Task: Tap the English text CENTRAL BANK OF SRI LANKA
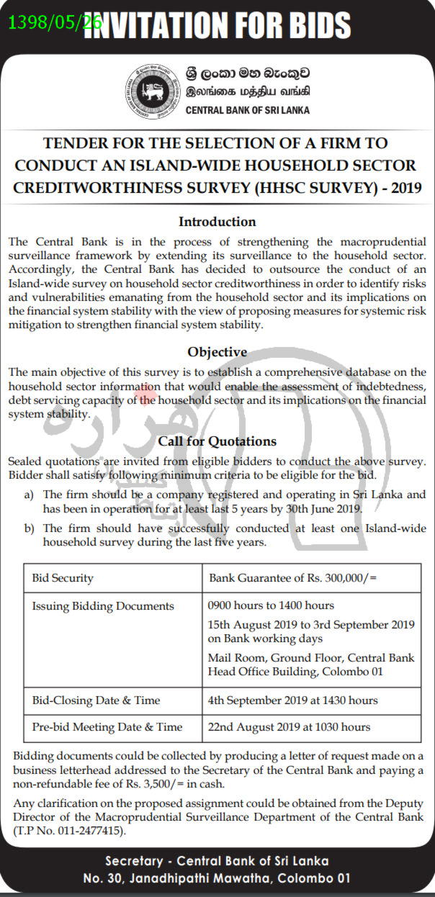point(247,110)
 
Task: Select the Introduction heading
point(217,221)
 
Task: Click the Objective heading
point(217,352)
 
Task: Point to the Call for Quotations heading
point(217,441)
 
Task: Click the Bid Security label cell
point(63,578)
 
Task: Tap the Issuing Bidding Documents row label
point(103,606)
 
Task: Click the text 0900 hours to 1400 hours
point(271,605)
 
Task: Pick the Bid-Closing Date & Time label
point(96,700)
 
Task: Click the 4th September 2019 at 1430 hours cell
point(292,700)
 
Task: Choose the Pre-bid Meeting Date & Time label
point(107,727)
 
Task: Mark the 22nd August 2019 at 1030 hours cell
point(289,727)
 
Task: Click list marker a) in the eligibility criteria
point(29,495)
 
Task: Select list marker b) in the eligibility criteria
point(29,528)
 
